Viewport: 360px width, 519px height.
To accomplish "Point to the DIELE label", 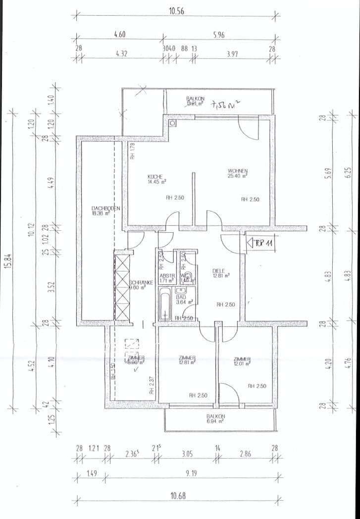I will (218, 270).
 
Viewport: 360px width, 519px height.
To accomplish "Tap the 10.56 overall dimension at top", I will (176, 11).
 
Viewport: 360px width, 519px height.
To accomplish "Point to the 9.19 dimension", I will (191, 473).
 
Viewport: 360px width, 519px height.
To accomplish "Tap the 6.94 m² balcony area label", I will (215, 421).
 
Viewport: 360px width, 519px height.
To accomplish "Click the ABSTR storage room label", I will (165, 275).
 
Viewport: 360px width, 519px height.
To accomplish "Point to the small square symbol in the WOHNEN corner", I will (172, 123).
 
